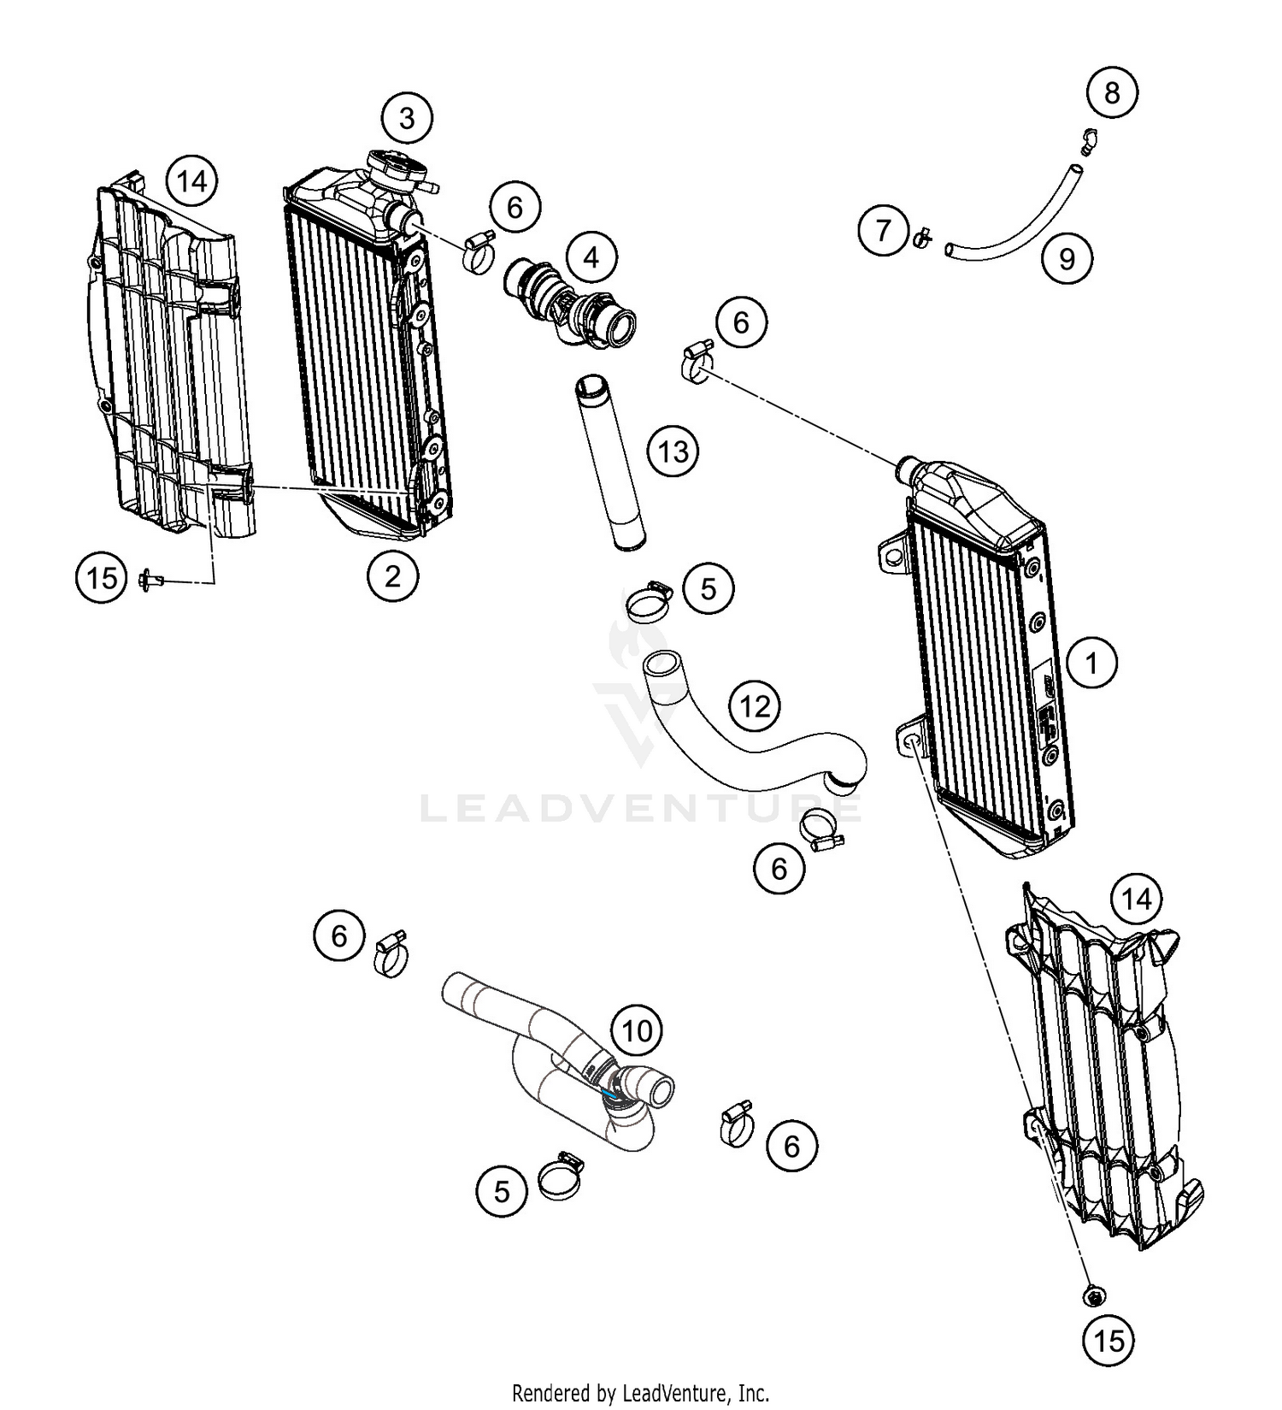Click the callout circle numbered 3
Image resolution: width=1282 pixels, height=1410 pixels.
407,118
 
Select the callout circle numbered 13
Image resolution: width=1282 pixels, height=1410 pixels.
673,451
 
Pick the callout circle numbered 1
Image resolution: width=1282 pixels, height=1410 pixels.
1091,663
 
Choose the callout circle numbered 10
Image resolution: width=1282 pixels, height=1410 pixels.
637,1031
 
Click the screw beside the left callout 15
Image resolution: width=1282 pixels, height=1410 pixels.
150,581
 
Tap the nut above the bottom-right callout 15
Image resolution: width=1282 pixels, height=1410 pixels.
1091,1297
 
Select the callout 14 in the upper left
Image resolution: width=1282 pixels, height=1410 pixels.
191,181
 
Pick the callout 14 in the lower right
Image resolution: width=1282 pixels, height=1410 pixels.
1137,900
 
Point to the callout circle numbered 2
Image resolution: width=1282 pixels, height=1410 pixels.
392,576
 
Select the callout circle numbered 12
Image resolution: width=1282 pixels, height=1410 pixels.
755,706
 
